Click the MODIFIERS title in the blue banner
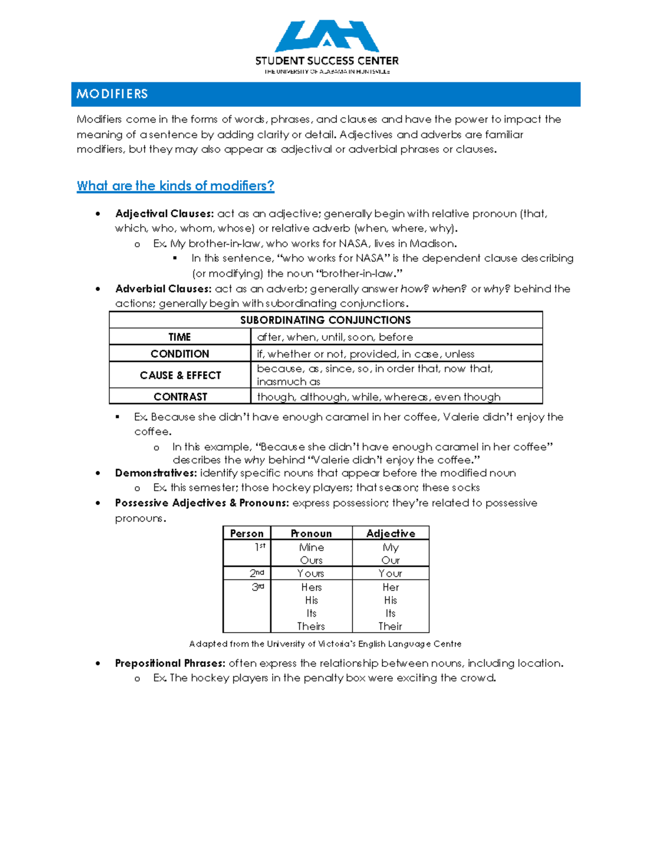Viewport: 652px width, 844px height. [x=112, y=94]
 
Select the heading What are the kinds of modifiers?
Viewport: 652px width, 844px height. [x=175, y=186]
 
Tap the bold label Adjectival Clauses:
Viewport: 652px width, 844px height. [x=165, y=214]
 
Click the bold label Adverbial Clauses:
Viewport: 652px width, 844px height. [x=163, y=289]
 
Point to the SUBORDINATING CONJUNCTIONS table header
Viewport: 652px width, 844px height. [x=325, y=320]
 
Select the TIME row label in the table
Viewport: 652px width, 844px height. [x=179, y=337]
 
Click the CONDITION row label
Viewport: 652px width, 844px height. [x=179, y=354]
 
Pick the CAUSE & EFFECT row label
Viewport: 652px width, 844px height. [x=180, y=376]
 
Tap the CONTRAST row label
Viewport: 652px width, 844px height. [x=180, y=397]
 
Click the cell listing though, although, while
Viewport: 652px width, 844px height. [x=379, y=397]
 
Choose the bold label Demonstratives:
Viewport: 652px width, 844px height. [x=156, y=473]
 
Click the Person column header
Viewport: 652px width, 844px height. [x=247, y=534]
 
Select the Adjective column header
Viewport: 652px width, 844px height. [x=391, y=534]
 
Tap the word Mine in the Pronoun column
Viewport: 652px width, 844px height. [x=311, y=547]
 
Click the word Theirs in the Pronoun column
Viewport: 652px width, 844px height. [x=311, y=626]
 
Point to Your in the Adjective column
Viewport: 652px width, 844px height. [x=390, y=573]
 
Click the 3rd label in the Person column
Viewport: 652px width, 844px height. [x=258, y=587]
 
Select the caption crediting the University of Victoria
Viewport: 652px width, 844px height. [x=325, y=644]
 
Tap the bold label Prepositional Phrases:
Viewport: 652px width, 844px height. [x=170, y=663]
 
